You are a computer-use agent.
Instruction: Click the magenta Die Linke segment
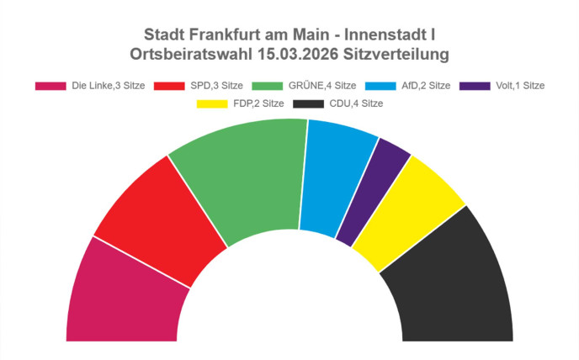122,294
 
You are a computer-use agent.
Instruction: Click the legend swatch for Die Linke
50,86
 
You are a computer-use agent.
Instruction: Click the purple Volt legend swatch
478,86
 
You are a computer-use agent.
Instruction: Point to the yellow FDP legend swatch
213,103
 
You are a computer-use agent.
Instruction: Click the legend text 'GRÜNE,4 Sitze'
321,86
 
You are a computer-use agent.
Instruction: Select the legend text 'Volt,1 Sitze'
520,86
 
